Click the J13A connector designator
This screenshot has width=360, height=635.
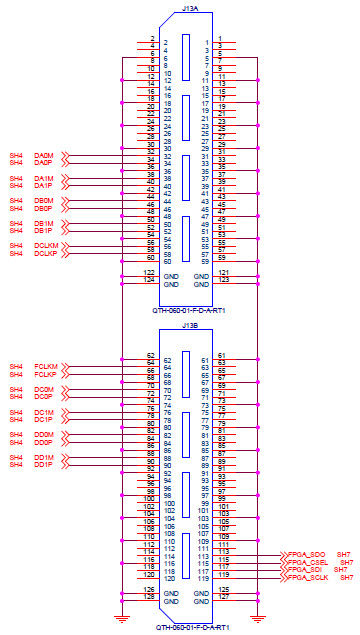pos(190,7)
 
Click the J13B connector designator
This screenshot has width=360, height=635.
pos(190,325)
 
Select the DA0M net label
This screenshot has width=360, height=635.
pos(44,156)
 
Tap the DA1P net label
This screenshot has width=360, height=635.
pos(43,186)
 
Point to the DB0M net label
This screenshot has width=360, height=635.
pos(44,201)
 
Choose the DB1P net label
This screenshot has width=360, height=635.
pos(43,231)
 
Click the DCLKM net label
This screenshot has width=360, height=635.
pos(46,246)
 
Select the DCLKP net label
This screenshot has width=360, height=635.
pos(46,254)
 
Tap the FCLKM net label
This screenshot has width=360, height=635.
pos(46,366)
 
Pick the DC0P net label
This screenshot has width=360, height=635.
pos(43,397)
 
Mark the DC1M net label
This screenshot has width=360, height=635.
pos(43,412)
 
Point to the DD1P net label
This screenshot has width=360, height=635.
pos(43,465)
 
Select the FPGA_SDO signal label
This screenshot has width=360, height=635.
pos(307,554)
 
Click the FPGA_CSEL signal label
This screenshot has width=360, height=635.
pos(308,562)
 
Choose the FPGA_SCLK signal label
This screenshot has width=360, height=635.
pos(309,578)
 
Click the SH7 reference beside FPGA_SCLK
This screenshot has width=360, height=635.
pos(346,578)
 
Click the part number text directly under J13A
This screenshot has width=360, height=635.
pos(190,310)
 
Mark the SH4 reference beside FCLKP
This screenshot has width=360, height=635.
pos(15,374)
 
